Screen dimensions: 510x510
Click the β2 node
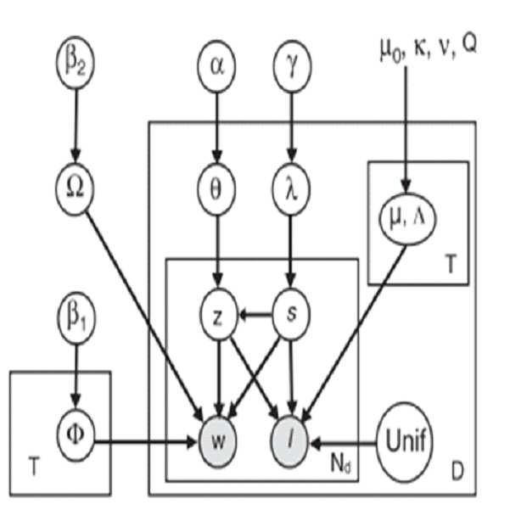pyautogui.click(x=76, y=63)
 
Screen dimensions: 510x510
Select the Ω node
pyautogui.click(x=76, y=188)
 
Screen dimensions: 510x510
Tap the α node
pyautogui.click(x=216, y=66)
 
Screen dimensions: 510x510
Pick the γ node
pyautogui.click(x=292, y=66)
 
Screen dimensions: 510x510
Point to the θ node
pyautogui.click(x=216, y=189)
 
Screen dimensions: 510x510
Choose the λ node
pyautogui.click(x=291, y=189)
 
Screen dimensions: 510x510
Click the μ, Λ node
pyautogui.click(x=406, y=219)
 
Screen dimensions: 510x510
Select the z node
pyautogui.click(x=218, y=315)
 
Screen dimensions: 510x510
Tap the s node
pyautogui.click(x=291, y=314)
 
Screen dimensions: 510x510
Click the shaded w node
pyautogui.click(x=218, y=441)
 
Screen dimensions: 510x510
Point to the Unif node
pyautogui.click(x=405, y=442)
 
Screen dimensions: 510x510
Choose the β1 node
pyautogui.click(x=76, y=317)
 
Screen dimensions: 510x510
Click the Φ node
pyautogui.click(x=76, y=435)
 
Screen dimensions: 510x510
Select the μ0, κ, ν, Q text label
pyautogui.click(x=429, y=48)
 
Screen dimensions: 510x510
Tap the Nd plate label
pyautogui.click(x=340, y=463)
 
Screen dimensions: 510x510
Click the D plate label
pyautogui.click(x=457, y=471)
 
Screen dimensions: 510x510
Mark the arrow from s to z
pyautogui.click(x=255, y=315)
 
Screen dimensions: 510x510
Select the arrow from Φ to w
pyautogui.click(x=146, y=442)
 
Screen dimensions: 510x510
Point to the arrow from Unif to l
pyautogui.click(x=344, y=443)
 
